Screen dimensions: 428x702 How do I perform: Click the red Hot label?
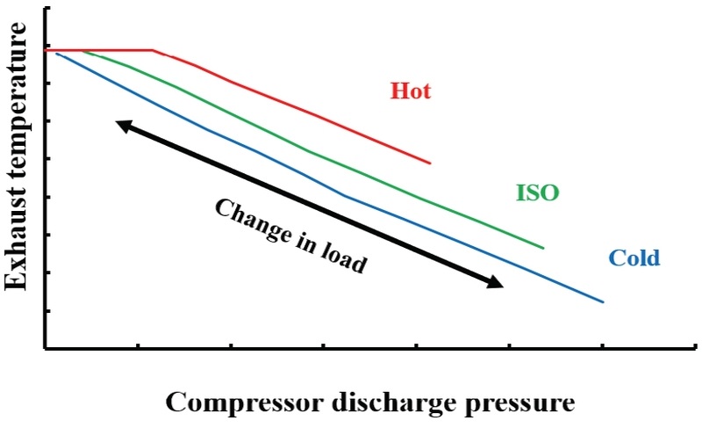(411, 91)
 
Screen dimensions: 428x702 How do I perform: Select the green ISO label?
(537, 192)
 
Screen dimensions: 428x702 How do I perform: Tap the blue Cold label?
(633, 258)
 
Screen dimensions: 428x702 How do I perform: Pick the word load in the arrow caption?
(344, 259)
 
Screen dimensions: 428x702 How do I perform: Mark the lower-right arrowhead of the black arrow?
(498, 283)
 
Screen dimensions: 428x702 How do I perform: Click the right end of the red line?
(431, 163)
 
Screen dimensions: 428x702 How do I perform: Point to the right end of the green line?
(544, 248)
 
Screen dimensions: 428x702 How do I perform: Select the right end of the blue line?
(604, 302)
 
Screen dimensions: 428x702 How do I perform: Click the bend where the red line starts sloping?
(154, 50)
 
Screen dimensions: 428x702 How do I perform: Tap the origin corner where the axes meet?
(45, 349)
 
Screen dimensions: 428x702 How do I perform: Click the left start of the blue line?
(56, 54)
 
